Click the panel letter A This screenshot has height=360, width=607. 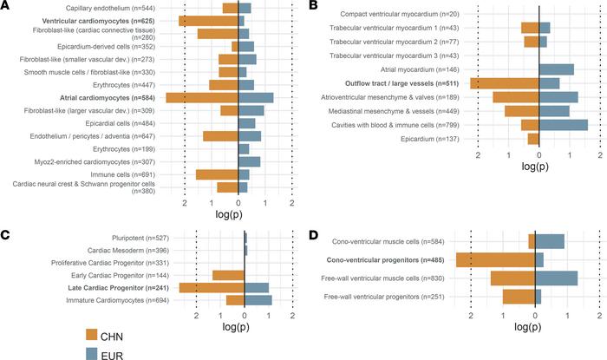click(x=6, y=6)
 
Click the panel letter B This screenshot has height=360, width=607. click(x=313, y=6)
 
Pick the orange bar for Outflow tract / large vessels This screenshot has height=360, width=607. click(x=504, y=83)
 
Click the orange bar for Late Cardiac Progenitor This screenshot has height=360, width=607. click(x=212, y=287)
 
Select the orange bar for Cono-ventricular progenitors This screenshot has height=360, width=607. click(x=495, y=259)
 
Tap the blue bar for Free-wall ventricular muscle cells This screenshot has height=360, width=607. click(x=556, y=278)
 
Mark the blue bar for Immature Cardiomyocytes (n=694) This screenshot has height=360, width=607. click(x=258, y=300)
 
